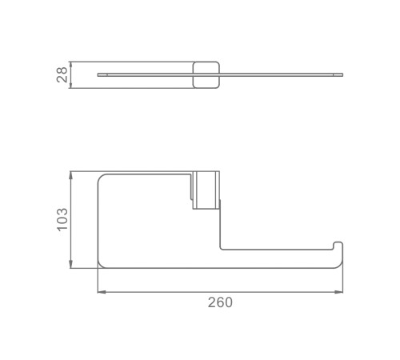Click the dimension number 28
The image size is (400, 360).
tap(62, 75)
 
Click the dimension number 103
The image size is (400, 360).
tap(62, 219)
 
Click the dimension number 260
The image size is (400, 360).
tap(220, 302)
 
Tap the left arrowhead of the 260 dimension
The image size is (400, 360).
tap(102, 292)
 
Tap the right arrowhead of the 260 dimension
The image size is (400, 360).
tap(338, 292)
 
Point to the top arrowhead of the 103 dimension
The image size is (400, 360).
tap(70, 175)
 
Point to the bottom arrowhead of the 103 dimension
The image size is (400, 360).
tap(70, 264)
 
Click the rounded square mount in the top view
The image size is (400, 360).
tap(206, 75)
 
